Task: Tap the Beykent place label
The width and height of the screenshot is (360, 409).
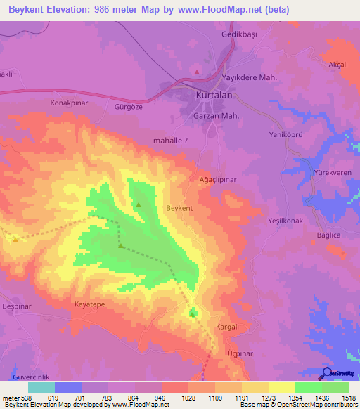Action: coord(178,209)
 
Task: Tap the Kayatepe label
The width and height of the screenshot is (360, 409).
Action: coord(89,305)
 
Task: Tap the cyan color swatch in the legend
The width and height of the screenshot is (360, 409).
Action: coord(41,387)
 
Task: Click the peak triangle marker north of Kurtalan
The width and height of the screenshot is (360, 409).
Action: coord(198,71)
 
